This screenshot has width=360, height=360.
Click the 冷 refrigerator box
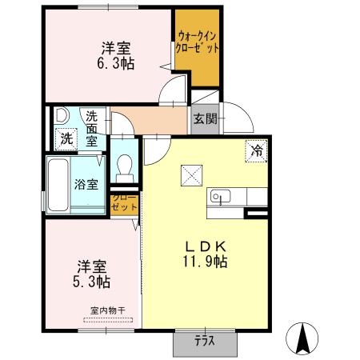[258, 150]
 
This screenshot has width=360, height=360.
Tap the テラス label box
[205, 340]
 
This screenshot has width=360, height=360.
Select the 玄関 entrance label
[203, 119]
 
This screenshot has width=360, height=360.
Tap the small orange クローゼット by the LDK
[124, 202]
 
